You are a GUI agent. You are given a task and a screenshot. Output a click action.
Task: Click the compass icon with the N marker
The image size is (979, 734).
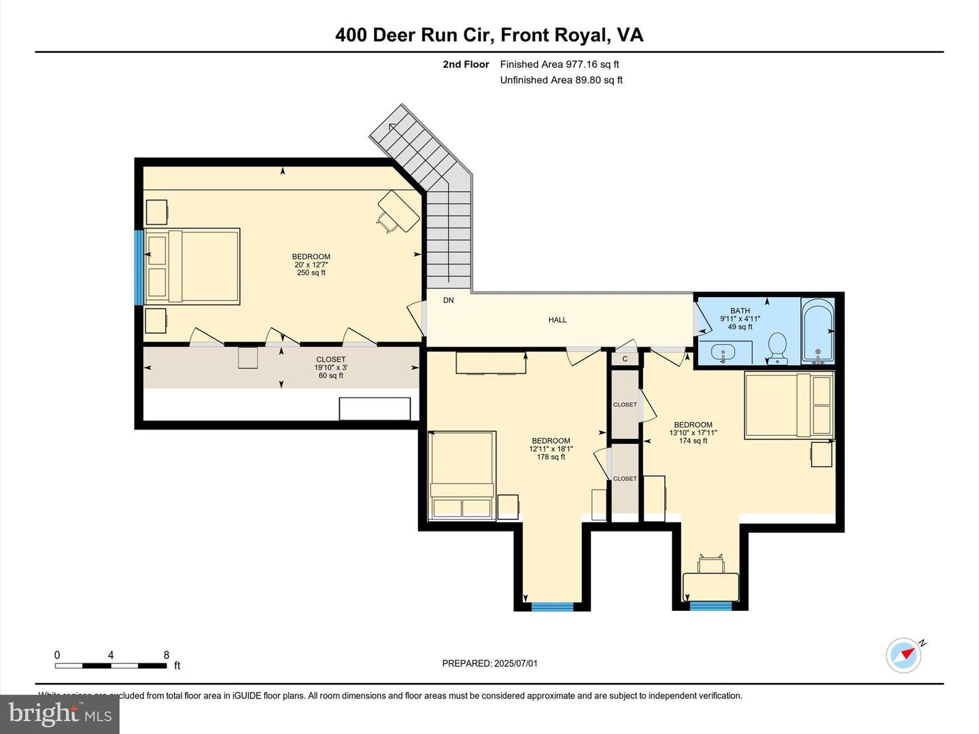[x=904, y=655]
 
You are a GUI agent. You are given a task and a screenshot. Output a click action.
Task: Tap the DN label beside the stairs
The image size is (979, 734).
[x=448, y=300]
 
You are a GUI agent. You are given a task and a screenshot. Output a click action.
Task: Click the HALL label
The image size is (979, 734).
[x=557, y=319]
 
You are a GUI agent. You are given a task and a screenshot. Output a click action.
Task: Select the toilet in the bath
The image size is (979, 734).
[x=777, y=348]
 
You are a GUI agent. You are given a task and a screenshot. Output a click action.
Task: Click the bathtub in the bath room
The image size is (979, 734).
[x=817, y=331]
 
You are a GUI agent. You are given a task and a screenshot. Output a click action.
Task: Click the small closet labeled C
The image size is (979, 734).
[x=625, y=359]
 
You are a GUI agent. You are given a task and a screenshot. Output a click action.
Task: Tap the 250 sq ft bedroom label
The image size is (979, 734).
[x=311, y=264]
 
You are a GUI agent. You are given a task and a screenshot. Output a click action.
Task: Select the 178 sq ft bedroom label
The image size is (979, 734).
[x=551, y=449]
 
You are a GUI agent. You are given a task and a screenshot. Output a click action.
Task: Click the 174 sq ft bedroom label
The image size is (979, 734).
[x=693, y=432]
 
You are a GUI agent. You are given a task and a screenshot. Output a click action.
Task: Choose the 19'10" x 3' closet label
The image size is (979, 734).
[x=331, y=367]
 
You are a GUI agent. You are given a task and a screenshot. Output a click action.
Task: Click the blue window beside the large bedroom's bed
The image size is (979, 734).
[x=139, y=267]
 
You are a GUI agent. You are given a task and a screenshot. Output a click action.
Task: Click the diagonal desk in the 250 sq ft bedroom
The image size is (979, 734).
[x=399, y=211]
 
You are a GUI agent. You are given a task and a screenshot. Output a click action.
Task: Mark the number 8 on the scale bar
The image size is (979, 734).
[x=166, y=655]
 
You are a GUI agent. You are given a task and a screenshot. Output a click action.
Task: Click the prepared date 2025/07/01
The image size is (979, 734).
[x=489, y=663]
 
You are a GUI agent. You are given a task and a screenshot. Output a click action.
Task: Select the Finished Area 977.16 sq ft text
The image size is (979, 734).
[x=559, y=65]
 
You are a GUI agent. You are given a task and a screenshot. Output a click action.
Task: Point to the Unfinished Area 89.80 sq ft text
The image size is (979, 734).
[x=561, y=80]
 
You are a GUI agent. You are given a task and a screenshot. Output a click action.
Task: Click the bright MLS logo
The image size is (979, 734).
[x=60, y=714]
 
